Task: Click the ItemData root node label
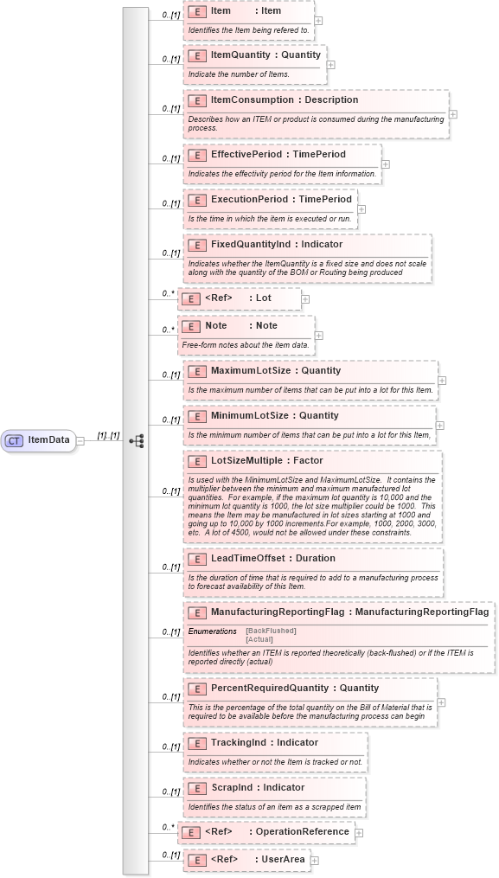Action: [x=49, y=439]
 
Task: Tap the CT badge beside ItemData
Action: [x=14, y=439]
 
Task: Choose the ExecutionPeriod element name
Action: [x=249, y=199]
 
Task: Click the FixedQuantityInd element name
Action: [x=251, y=244]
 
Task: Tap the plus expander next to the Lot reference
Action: [x=305, y=298]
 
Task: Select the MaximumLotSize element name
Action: [x=250, y=370]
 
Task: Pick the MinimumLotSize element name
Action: [x=249, y=415]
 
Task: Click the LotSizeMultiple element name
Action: [x=246, y=460]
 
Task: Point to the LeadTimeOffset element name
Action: [x=249, y=558]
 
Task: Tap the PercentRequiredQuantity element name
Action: [x=270, y=688]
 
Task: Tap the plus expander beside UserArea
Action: [x=315, y=860]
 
